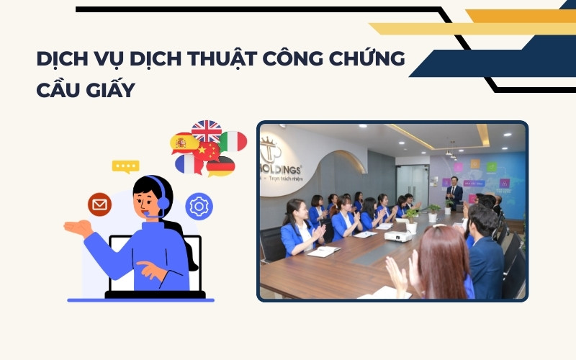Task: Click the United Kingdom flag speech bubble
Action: (206, 130)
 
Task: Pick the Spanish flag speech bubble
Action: (182, 143)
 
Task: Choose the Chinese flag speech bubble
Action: (207, 150)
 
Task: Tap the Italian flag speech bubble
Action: (233, 141)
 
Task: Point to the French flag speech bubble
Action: (189, 165)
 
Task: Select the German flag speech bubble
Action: (220, 166)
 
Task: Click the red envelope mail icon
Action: (99, 205)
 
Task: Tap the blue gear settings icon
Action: (199, 206)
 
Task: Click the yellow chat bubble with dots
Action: (125, 166)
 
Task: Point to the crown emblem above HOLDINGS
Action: (271, 149)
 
